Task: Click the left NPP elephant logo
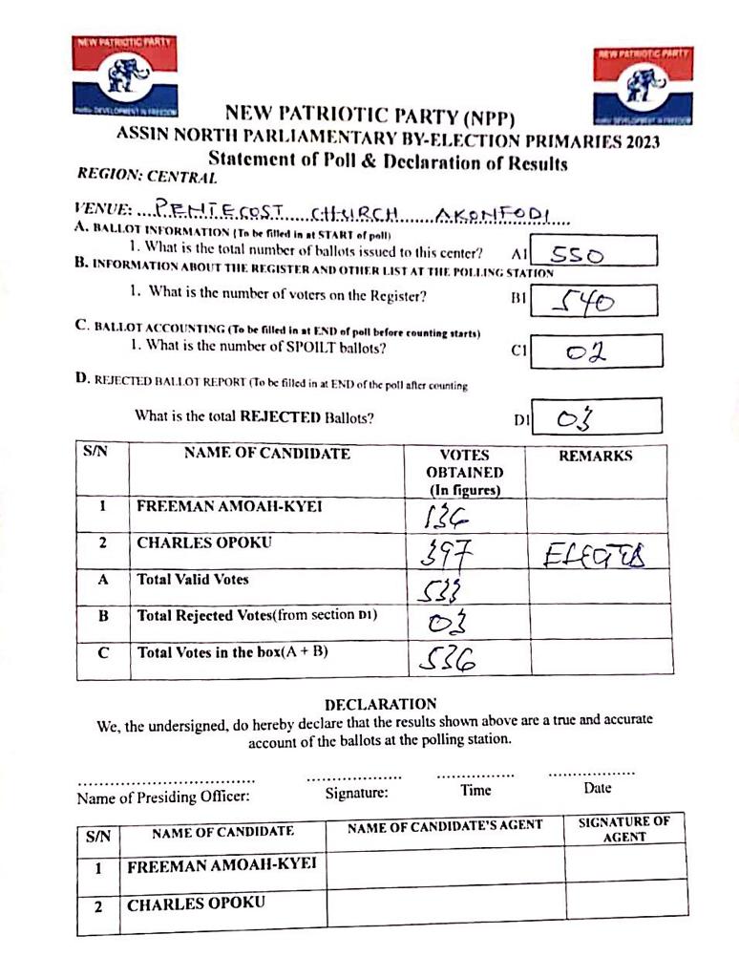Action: (x=123, y=77)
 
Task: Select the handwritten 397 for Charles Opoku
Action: (x=444, y=553)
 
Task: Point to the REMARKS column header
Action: (x=595, y=457)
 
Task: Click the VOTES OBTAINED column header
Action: (x=465, y=472)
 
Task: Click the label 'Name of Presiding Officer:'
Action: (x=163, y=797)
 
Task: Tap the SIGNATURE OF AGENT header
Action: (x=624, y=829)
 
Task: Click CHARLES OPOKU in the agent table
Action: (x=196, y=904)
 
